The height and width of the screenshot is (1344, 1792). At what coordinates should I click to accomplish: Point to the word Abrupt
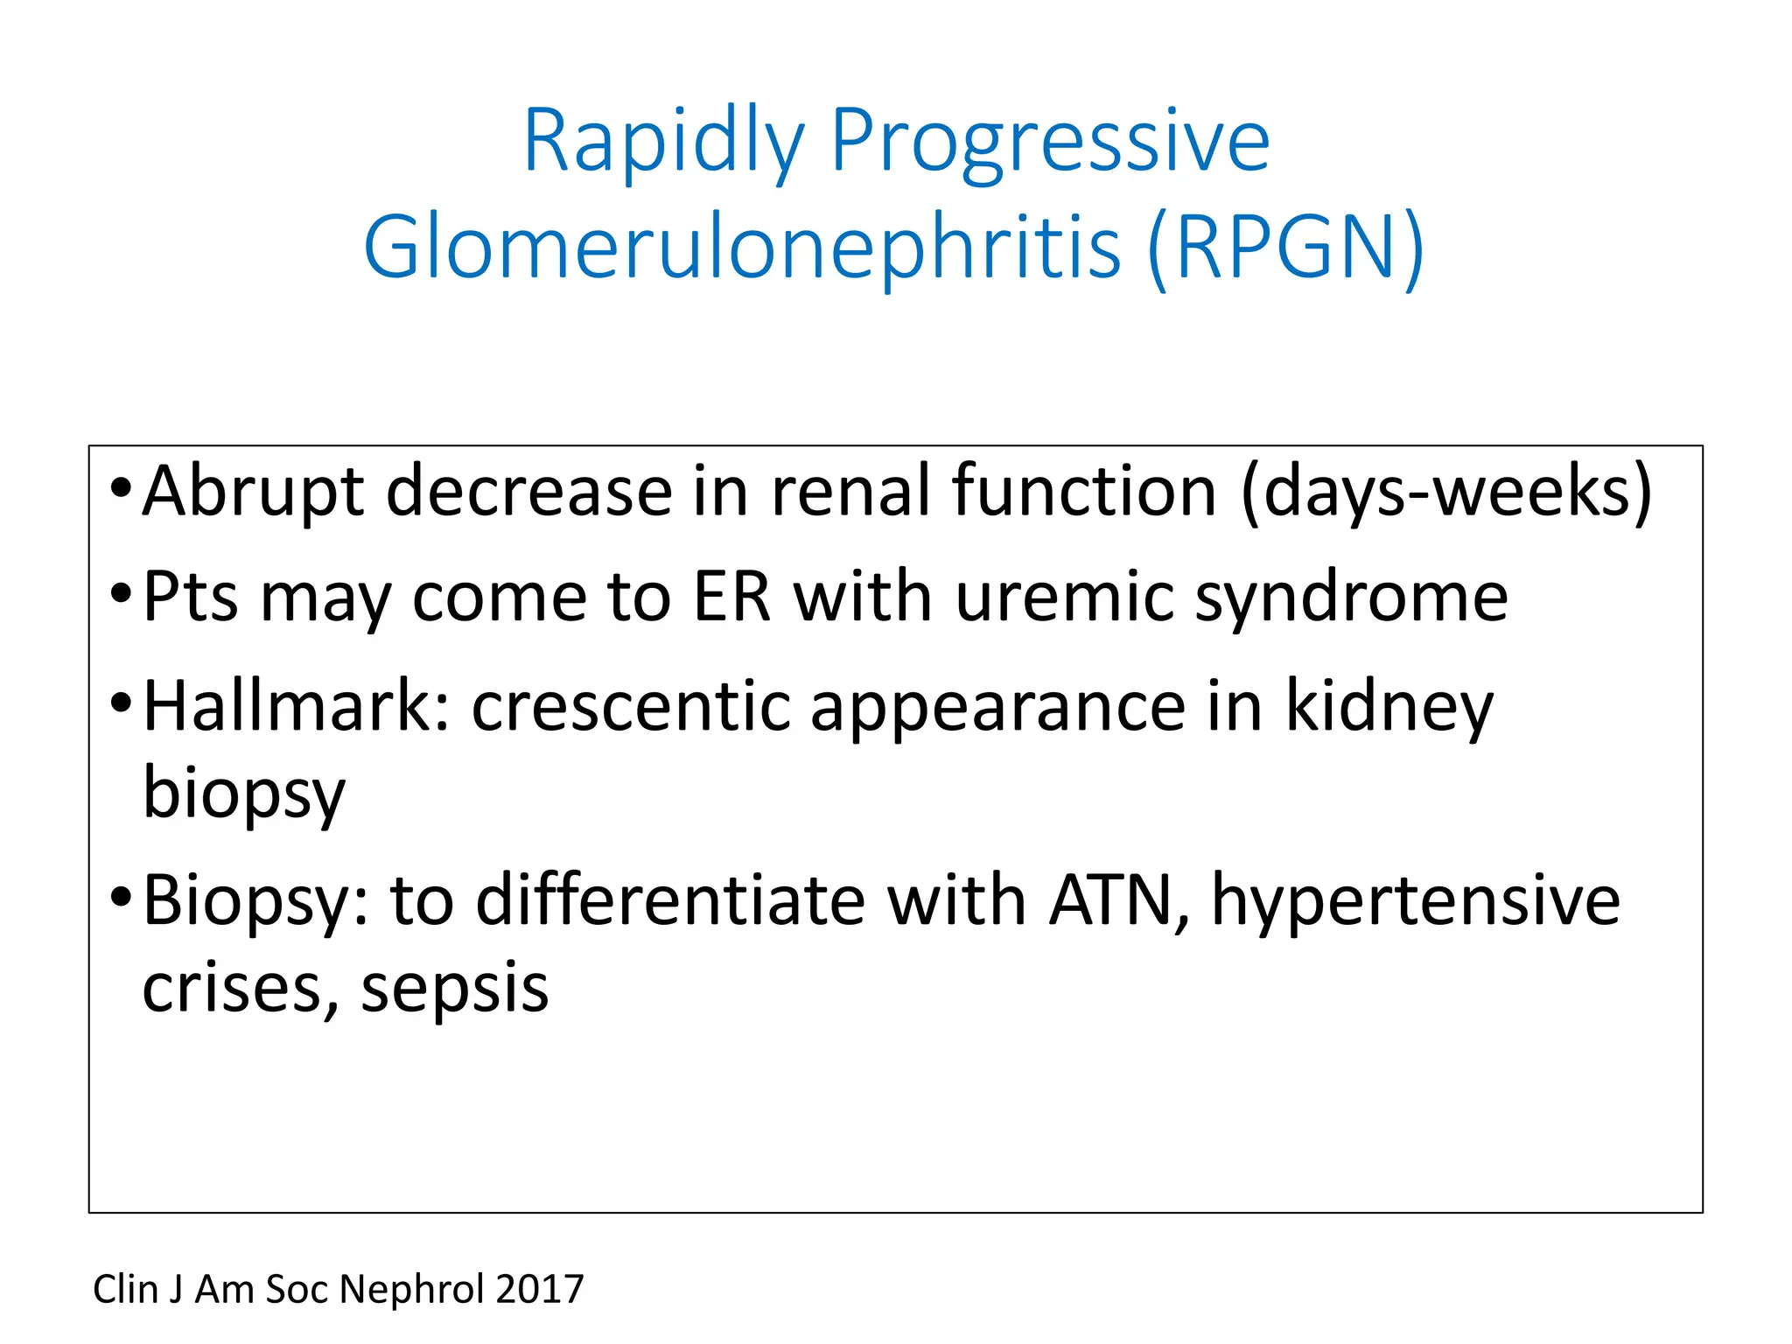pyautogui.click(x=253, y=493)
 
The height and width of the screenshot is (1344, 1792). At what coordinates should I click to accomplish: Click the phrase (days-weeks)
pyautogui.click(x=1446, y=493)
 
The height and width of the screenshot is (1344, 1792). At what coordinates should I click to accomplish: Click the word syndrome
pyautogui.click(x=1351, y=599)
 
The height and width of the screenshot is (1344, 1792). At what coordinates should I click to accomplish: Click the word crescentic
pyautogui.click(x=630, y=706)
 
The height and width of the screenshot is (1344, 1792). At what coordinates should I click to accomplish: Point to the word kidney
pyautogui.click(x=1389, y=708)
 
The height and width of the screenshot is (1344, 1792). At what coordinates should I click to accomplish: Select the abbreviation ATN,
pyautogui.click(x=1119, y=901)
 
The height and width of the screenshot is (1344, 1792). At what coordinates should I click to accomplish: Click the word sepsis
pyautogui.click(x=454, y=990)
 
